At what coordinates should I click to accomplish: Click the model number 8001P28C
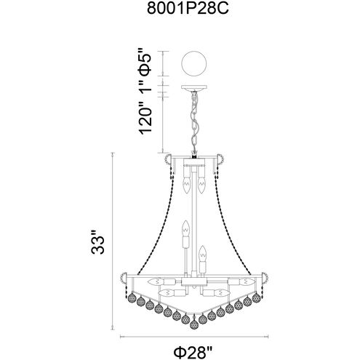point(188,9)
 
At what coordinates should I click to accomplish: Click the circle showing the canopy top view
point(193,63)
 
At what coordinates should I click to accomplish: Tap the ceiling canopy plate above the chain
point(193,88)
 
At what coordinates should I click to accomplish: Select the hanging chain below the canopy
point(194,121)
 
